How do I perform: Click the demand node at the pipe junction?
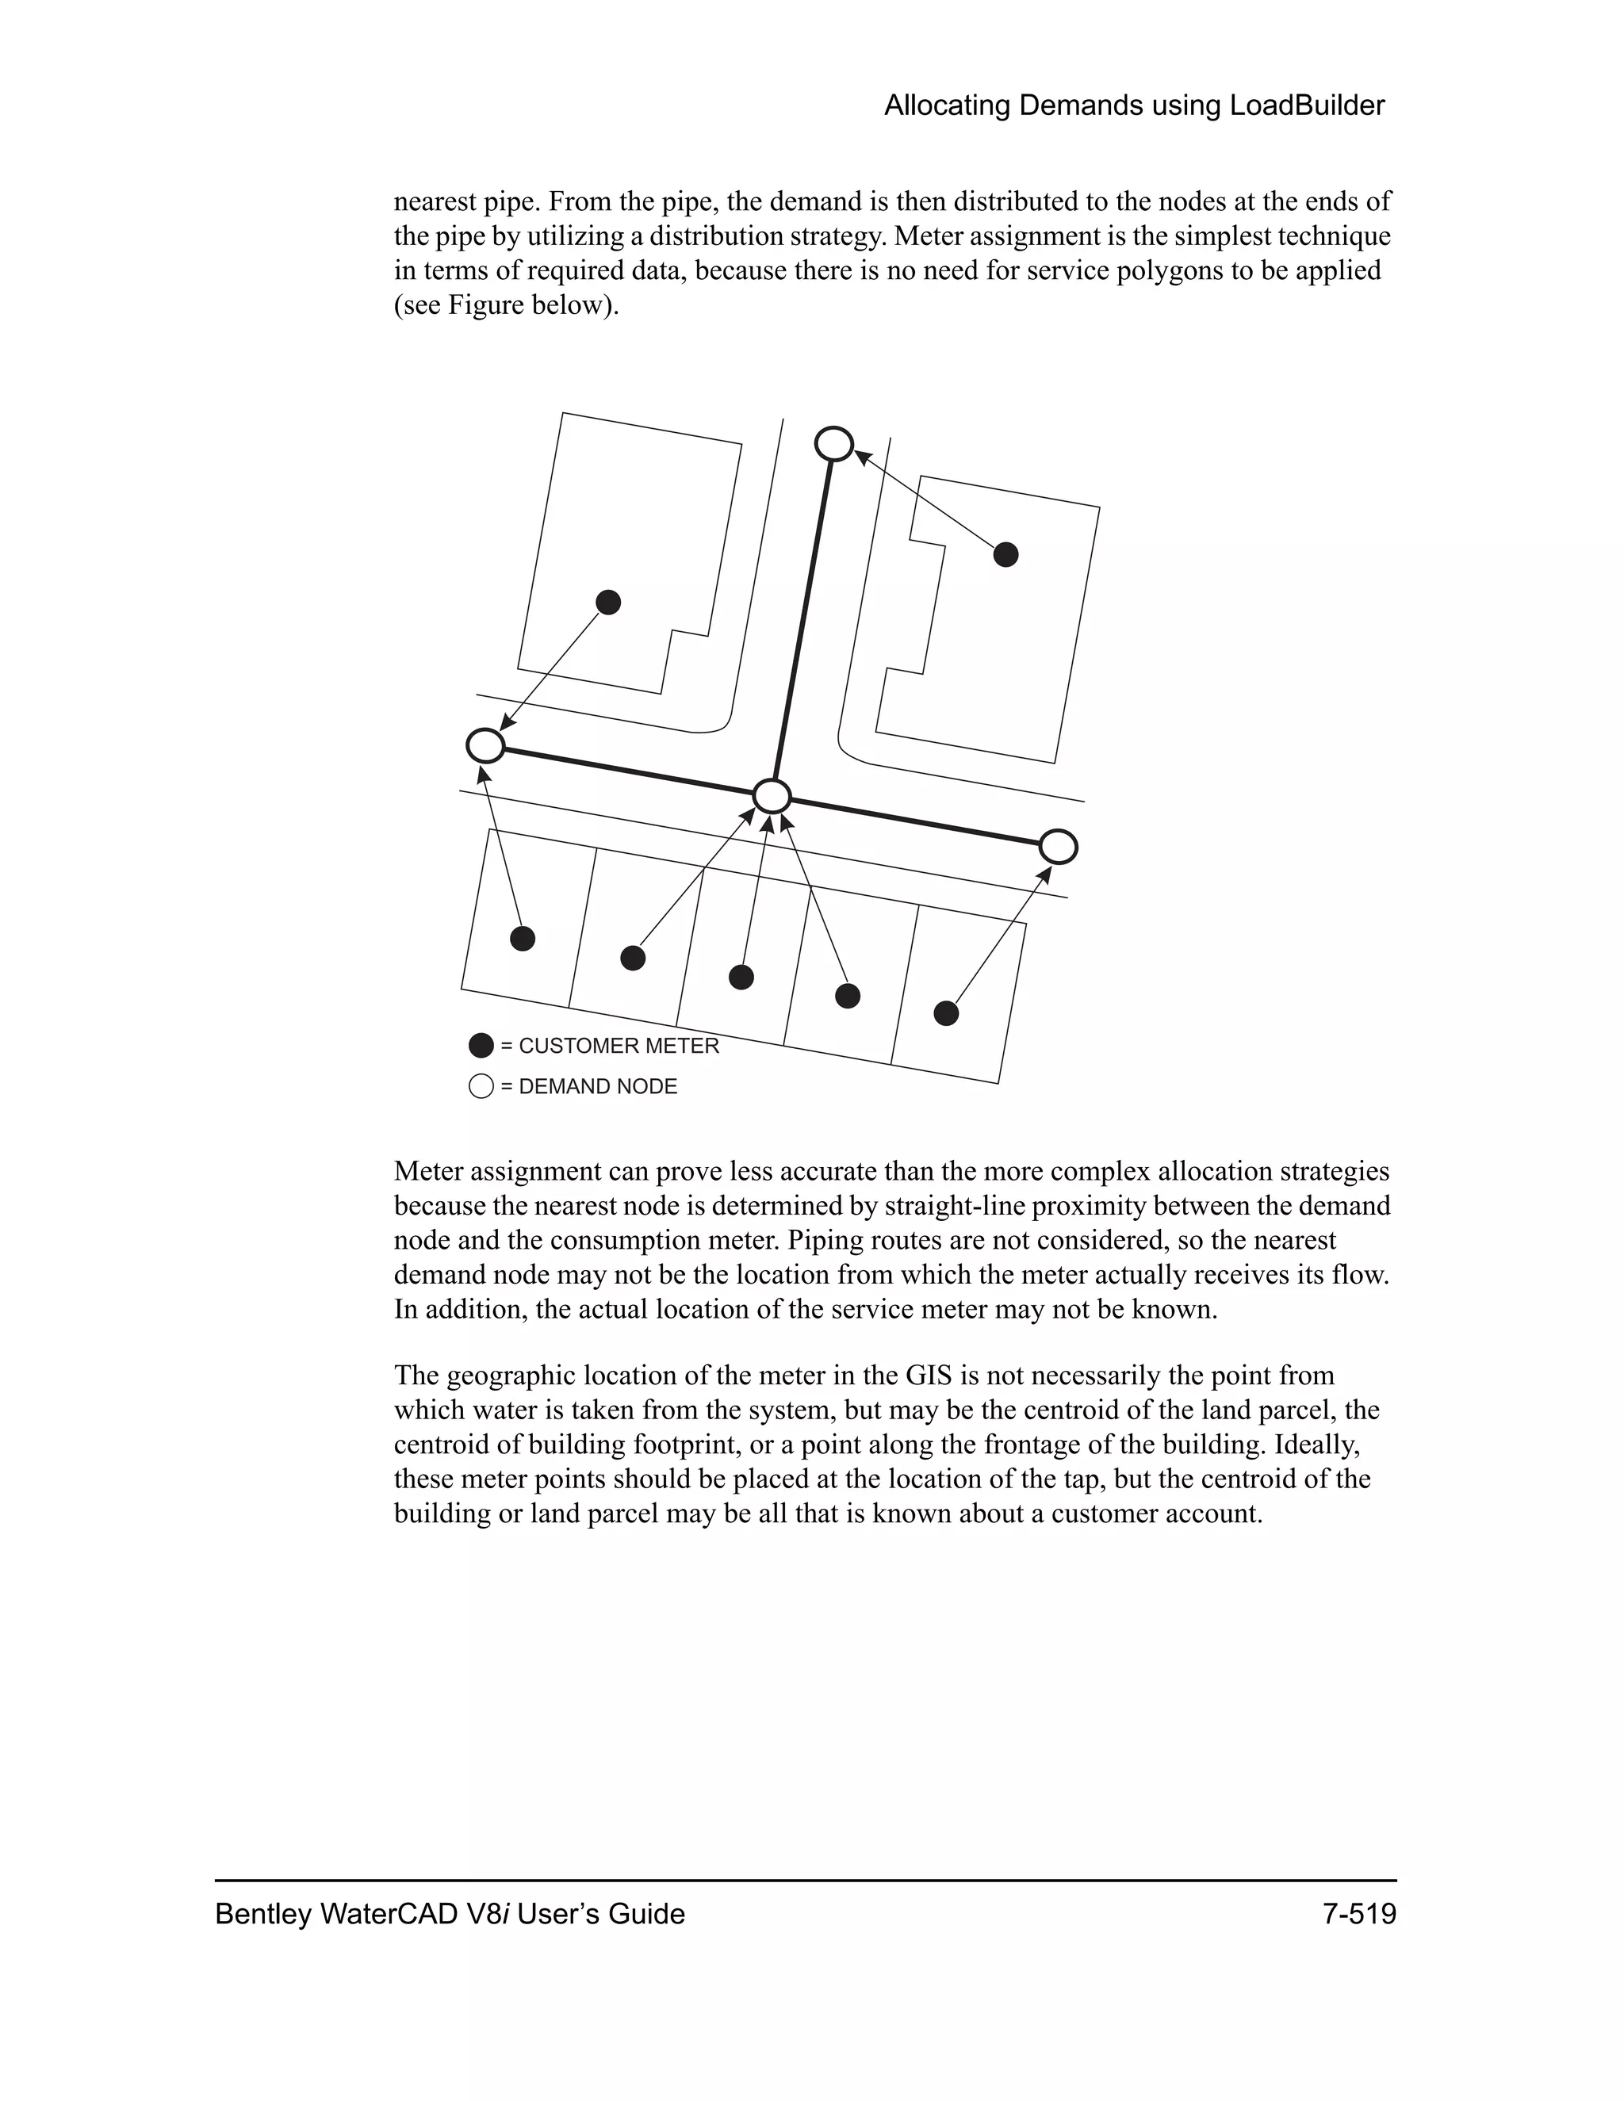(772, 797)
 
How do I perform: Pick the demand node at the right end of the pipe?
(1059, 847)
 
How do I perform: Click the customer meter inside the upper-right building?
(1005, 554)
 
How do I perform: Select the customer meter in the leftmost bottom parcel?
(523, 938)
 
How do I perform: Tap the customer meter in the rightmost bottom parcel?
(947, 1013)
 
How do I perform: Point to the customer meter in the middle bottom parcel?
(741, 978)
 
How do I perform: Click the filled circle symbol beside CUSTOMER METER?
(481, 1046)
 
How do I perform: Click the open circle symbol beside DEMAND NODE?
(481, 1087)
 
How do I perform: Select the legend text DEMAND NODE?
(597, 1087)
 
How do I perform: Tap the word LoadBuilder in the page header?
(1307, 105)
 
